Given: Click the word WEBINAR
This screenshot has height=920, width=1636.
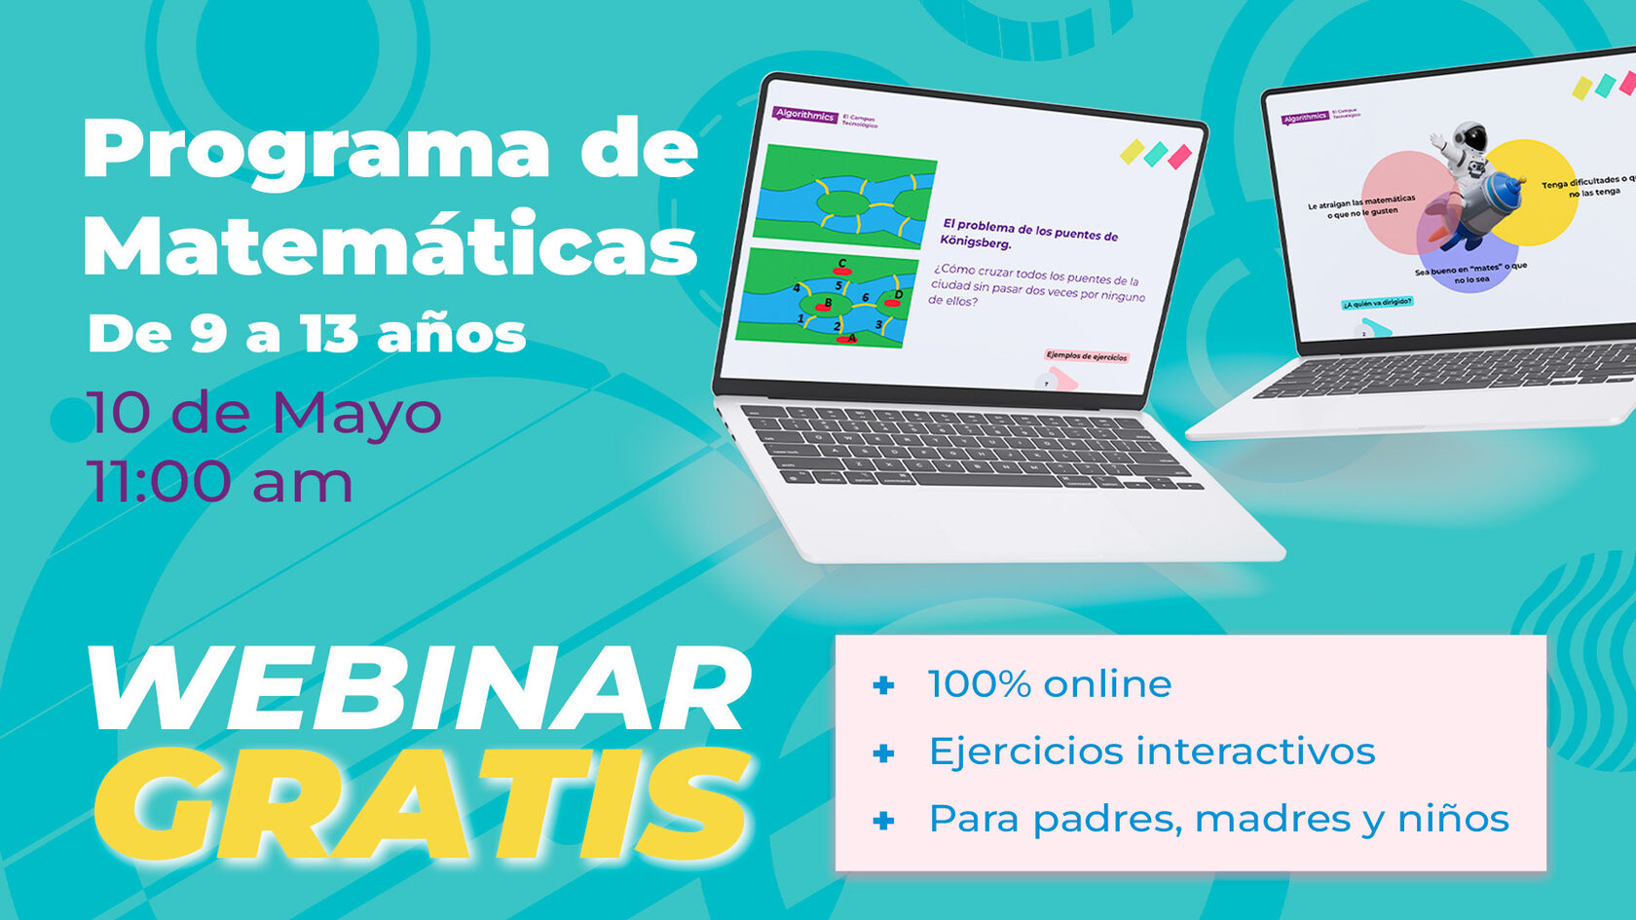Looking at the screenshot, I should (x=419, y=689).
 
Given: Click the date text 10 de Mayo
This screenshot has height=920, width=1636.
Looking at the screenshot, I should (x=263, y=413).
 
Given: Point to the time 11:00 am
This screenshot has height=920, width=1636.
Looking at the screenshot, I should (x=219, y=482).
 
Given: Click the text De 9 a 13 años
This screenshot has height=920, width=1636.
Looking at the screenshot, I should (x=307, y=334).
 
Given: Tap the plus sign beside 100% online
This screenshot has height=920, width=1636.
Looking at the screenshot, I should (x=883, y=685).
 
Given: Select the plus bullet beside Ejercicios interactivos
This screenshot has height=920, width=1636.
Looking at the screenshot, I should (x=883, y=753).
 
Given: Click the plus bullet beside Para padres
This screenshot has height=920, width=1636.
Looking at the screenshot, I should (x=883, y=821).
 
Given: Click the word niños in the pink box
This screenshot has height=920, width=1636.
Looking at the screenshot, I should (x=1453, y=819).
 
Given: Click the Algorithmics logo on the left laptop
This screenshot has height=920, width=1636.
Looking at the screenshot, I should (x=804, y=115).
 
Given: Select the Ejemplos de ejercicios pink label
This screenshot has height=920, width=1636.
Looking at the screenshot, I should (x=1086, y=356).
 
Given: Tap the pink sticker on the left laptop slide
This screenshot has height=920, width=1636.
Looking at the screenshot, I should (x=1179, y=157).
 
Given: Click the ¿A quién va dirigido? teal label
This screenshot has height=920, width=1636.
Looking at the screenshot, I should (x=1377, y=303).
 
